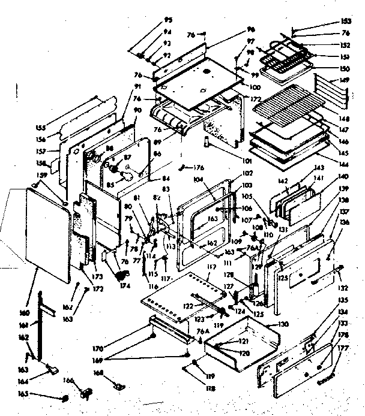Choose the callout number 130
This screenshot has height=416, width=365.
(x=283, y=324)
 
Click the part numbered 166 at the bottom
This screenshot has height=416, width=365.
(x=86, y=393)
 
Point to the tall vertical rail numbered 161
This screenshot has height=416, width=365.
(x=42, y=324)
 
